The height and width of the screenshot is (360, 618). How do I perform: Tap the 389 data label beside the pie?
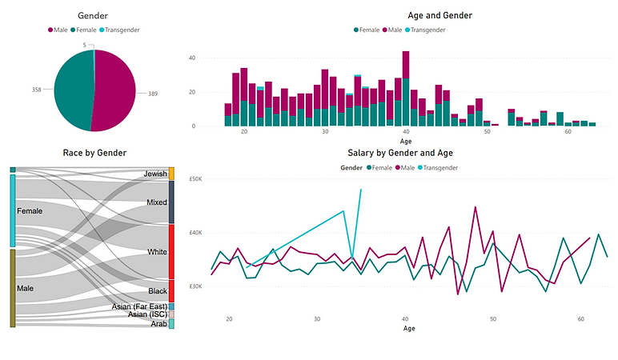152,94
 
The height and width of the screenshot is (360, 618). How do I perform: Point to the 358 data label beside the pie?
37,90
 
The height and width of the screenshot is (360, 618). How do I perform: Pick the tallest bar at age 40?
406,88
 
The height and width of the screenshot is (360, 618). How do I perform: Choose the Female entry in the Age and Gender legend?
369,30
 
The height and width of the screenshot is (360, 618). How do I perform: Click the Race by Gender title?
94,153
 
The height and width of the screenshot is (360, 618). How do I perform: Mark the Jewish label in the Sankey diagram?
155,174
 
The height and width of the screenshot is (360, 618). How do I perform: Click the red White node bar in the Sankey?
171,251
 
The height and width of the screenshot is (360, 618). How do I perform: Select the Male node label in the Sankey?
28,286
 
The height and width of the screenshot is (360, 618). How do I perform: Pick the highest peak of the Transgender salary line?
361,190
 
